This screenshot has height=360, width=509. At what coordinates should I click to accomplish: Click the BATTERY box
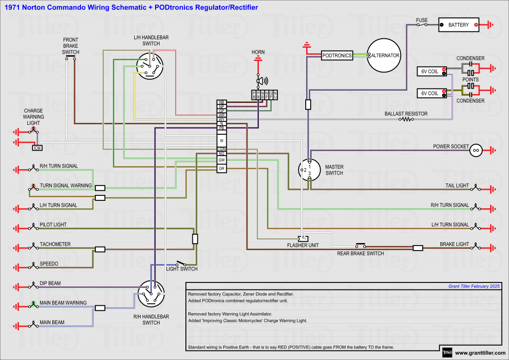coord(458,25)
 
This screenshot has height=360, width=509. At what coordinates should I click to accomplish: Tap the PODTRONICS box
coord(337,55)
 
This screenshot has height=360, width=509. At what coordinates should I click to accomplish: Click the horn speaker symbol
coord(260,81)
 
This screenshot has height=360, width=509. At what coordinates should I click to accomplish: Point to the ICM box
coord(37,148)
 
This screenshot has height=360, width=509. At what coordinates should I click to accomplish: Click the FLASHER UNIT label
coord(303,245)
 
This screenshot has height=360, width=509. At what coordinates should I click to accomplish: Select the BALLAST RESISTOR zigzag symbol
coord(408,119)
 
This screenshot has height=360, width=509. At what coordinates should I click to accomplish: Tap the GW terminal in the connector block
coord(222,160)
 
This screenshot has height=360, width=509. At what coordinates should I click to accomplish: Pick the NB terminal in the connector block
coord(222,102)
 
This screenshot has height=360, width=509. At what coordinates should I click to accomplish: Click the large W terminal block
coord(222,141)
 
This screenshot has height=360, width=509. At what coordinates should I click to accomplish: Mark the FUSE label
coord(422,20)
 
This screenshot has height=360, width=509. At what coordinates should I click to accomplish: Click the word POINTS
coord(470,80)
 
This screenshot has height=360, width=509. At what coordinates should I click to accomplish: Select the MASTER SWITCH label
coord(334,170)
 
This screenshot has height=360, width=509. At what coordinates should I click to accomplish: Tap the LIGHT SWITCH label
coord(181,269)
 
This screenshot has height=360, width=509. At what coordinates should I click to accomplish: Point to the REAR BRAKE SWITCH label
coord(360,254)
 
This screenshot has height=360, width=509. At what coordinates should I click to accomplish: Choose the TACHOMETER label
coord(55,244)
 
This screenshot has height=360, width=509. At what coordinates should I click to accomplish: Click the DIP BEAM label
coord(50,283)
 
